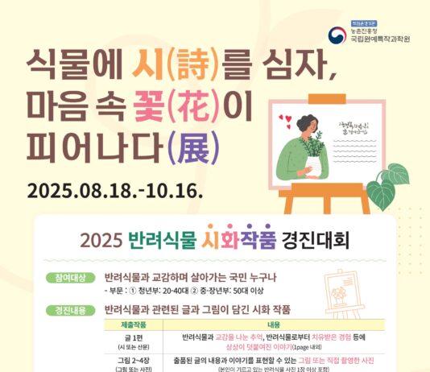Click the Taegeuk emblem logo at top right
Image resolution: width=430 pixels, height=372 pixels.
[x=336, y=35]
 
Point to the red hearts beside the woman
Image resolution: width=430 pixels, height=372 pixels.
[x=283, y=122]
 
